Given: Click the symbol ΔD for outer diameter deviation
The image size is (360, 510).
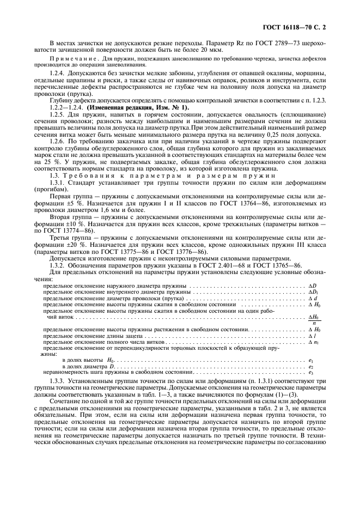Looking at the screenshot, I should [313, 286].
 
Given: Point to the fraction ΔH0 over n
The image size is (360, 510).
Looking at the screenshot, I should [314, 320].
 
